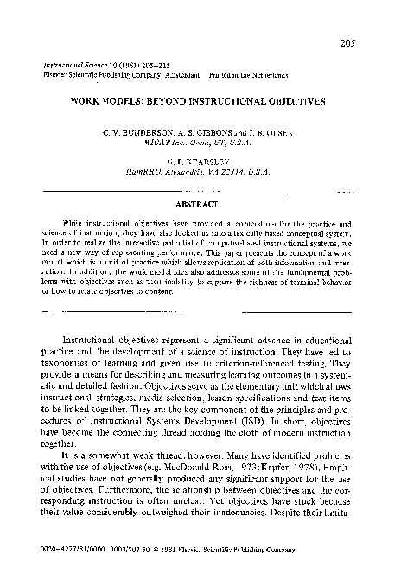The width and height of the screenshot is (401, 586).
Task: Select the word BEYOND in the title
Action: click(179, 101)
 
